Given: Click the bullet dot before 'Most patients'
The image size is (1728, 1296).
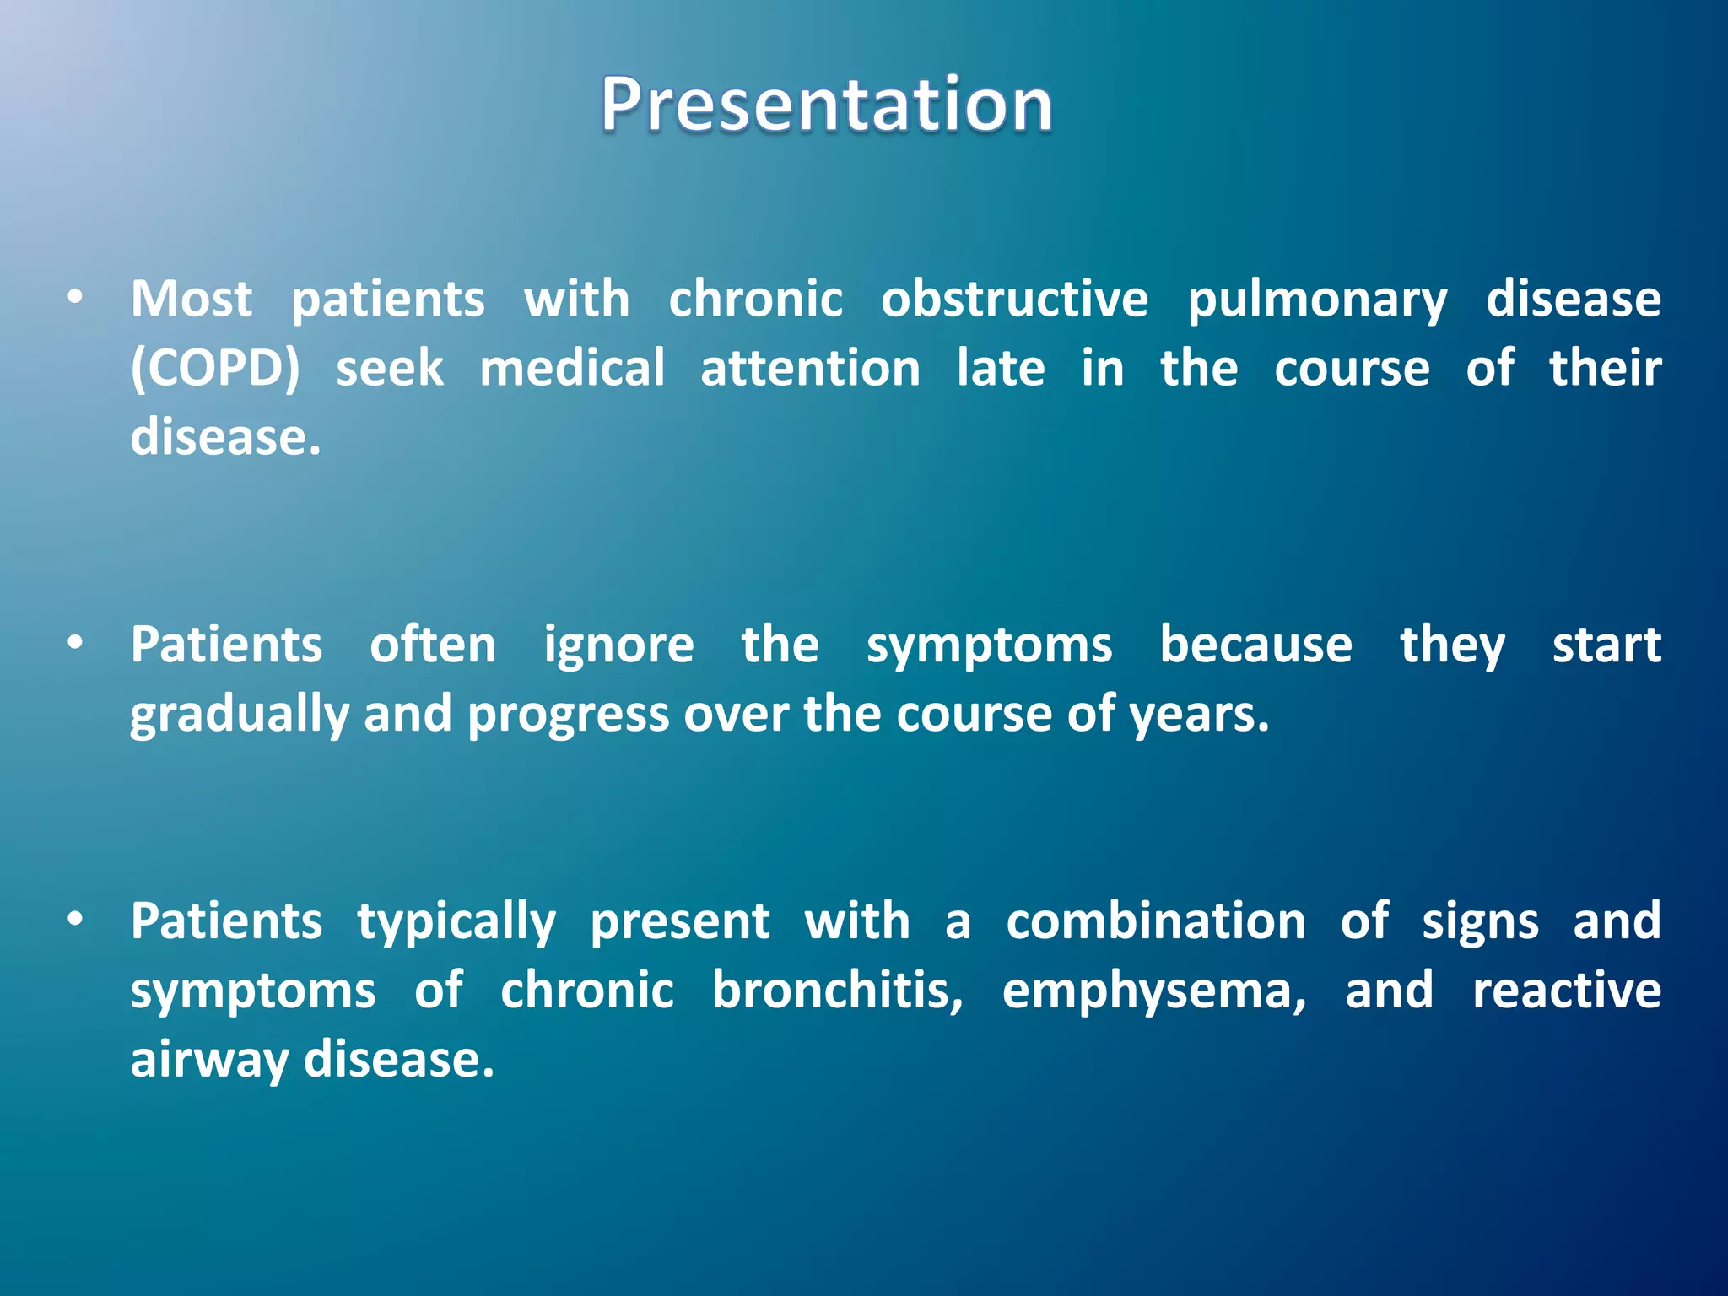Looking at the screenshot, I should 76,297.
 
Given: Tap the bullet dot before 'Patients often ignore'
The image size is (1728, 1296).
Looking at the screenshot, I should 76,644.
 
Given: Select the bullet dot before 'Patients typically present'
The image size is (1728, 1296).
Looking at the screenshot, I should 76,920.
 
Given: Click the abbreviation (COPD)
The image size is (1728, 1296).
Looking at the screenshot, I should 215,369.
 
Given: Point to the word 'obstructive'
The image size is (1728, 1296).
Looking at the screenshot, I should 1014,299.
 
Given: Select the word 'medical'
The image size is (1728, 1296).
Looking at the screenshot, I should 572,369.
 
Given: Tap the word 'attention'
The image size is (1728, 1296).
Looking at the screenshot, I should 810,369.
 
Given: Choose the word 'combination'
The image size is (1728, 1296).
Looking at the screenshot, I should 1156,921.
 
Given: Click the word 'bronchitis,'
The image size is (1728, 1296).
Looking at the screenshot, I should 837,990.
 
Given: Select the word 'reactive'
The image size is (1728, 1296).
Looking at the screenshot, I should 1566,990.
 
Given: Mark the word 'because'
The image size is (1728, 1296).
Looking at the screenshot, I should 1255,645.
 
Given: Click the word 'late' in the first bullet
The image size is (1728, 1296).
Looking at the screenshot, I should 1001,369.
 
